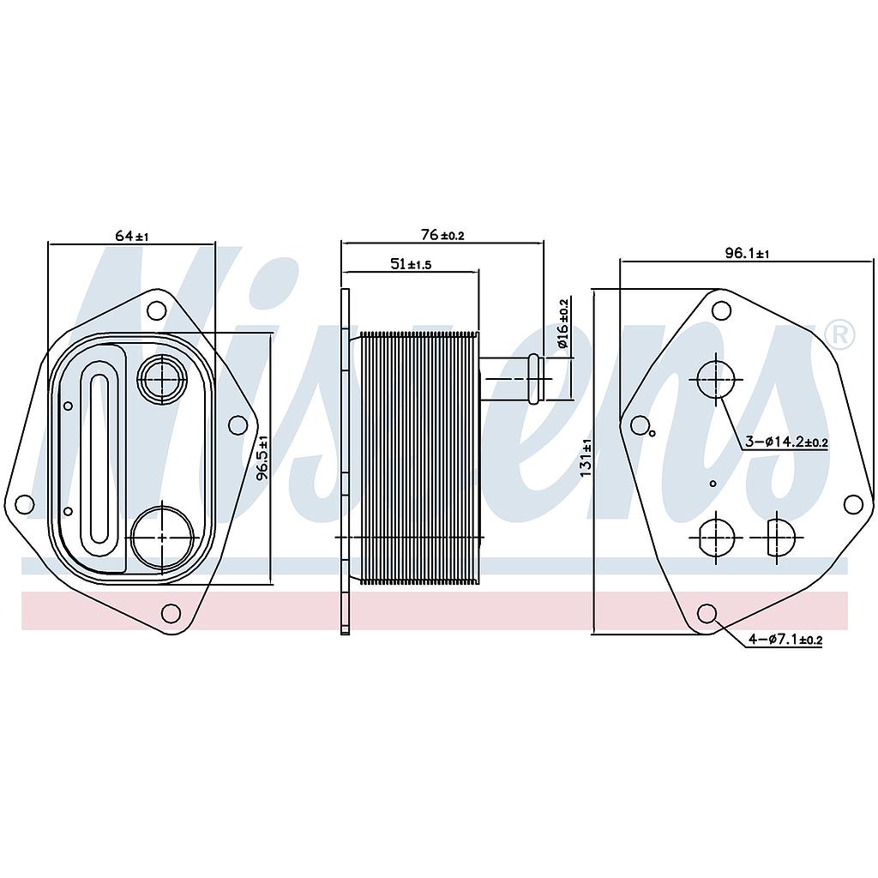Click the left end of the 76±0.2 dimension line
tap(341, 243)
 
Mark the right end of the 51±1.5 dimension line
tap(479, 272)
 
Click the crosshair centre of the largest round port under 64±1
tap(162, 537)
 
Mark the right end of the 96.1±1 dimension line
tap(874, 261)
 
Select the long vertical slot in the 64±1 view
tap(99, 458)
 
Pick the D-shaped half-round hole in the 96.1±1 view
tap(780, 537)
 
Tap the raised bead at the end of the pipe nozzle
tap(534, 378)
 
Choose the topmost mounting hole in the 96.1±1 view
tap(721, 310)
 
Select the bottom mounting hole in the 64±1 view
tap(171, 613)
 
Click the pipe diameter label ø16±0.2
tap(562, 323)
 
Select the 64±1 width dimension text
tap(131, 236)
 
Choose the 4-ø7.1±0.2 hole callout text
tap(785, 638)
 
